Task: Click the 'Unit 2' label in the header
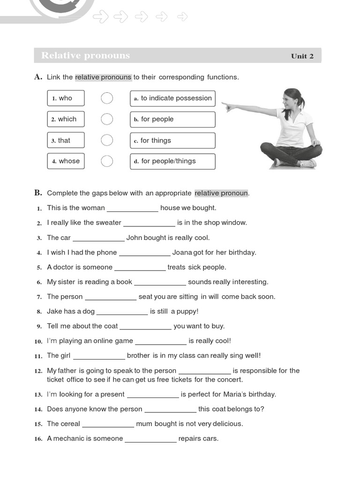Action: [302, 56]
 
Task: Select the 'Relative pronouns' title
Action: [85, 55]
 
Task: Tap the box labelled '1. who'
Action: [66, 98]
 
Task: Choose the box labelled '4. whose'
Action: [66, 161]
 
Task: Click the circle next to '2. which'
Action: [107, 119]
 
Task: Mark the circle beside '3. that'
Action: [107, 140]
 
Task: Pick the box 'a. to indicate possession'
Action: [172, 98]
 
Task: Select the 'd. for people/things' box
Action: [172, 161]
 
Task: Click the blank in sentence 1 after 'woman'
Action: [133, 208]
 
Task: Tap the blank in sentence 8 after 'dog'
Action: [122, 312]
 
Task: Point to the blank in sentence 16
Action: [150, 439]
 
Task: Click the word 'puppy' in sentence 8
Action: [186, 311]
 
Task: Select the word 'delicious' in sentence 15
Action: [227, 424]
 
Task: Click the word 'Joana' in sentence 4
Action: [182, 252]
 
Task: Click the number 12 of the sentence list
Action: [38, 371]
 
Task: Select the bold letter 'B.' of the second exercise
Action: [38, 193]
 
